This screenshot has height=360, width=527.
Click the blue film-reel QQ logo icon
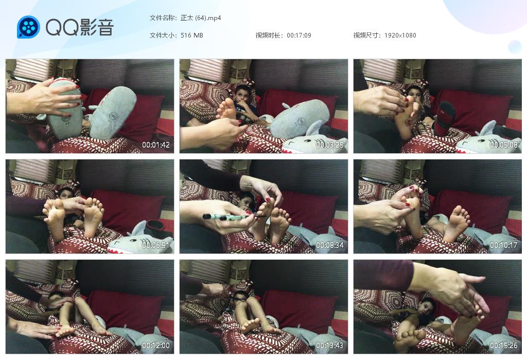pos(28,27)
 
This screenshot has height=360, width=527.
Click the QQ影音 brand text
pos(80,27)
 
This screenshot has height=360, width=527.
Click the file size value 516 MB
pos(192,35)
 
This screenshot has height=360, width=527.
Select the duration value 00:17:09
pos(299,35)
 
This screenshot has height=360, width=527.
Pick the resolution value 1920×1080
pos(400,35)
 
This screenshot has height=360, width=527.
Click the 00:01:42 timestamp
pos(155,145)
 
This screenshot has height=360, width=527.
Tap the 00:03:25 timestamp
pos(330,145)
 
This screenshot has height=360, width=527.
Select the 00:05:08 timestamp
pos(503,145)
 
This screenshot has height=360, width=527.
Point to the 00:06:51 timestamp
pos(155,245)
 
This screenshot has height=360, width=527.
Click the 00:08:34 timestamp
pos(330,245)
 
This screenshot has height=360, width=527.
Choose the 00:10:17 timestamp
pos(503,245)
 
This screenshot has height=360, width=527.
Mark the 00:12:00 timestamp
pos(155,345)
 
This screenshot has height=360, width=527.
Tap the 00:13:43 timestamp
pos(330,345)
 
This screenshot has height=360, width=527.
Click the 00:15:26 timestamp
pos(503,345)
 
